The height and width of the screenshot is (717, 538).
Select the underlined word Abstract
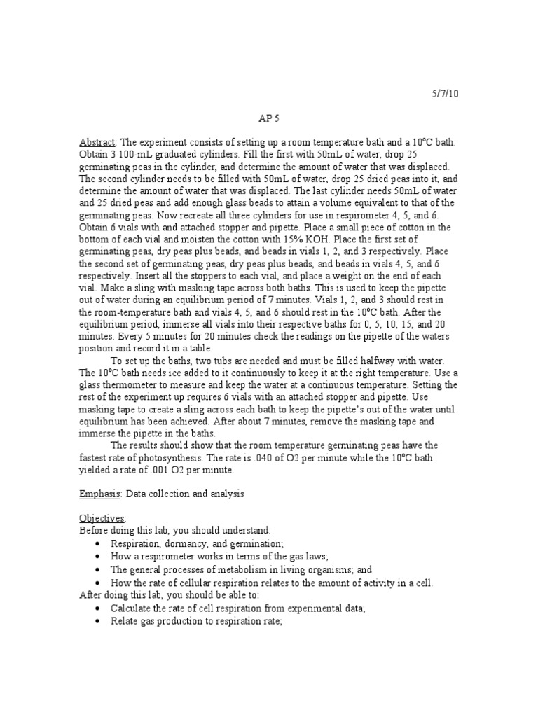pyautogui.click(x=97, y=142)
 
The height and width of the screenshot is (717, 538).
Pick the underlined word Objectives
pyautogui.click(x=102, y=518)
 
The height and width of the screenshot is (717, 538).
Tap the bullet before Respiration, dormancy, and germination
pyautogui.click(x=97, y=544)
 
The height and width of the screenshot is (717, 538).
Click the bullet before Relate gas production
pyautogui.click(x=97, y=620)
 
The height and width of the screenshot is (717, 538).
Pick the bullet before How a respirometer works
pyautogui.click(x=97, y=557)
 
